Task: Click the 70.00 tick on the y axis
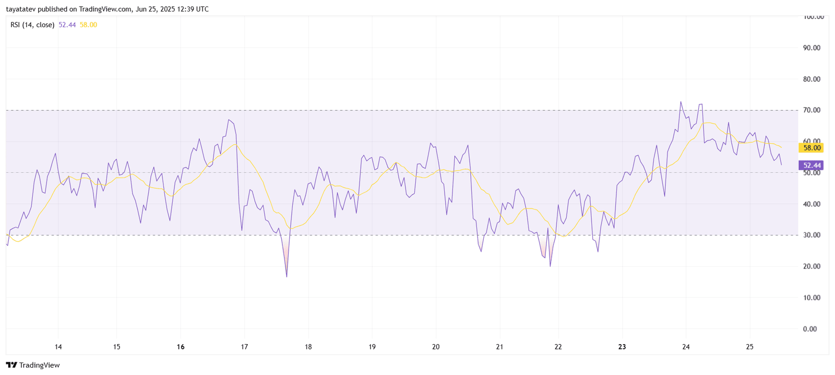811,110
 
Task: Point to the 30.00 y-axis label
811,235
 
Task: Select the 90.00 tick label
811,48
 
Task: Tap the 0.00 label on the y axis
810,329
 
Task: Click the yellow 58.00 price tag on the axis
812,148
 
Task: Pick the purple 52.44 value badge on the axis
812,165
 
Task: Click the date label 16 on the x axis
181,347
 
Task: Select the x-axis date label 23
622,347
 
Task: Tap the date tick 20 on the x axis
436,347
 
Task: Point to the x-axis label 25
749,347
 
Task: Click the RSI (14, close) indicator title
32,25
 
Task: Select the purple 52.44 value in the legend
67,25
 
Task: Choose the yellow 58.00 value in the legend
88,25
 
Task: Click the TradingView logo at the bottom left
33,365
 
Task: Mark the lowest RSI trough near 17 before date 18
287,276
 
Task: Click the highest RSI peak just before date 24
681,102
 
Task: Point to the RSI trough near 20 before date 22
550,266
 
